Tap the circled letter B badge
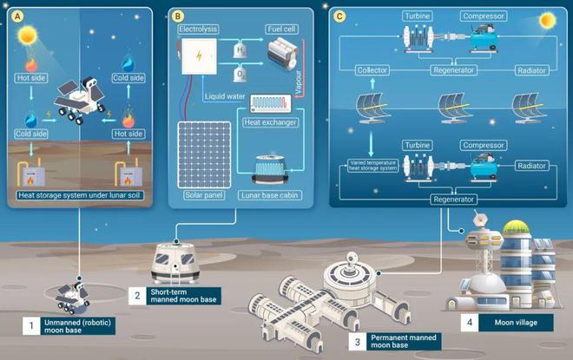point(178,16)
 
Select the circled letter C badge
point(339,16)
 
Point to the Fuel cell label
point(281,29)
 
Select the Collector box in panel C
point(372,69)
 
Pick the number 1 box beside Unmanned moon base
point(30,326)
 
